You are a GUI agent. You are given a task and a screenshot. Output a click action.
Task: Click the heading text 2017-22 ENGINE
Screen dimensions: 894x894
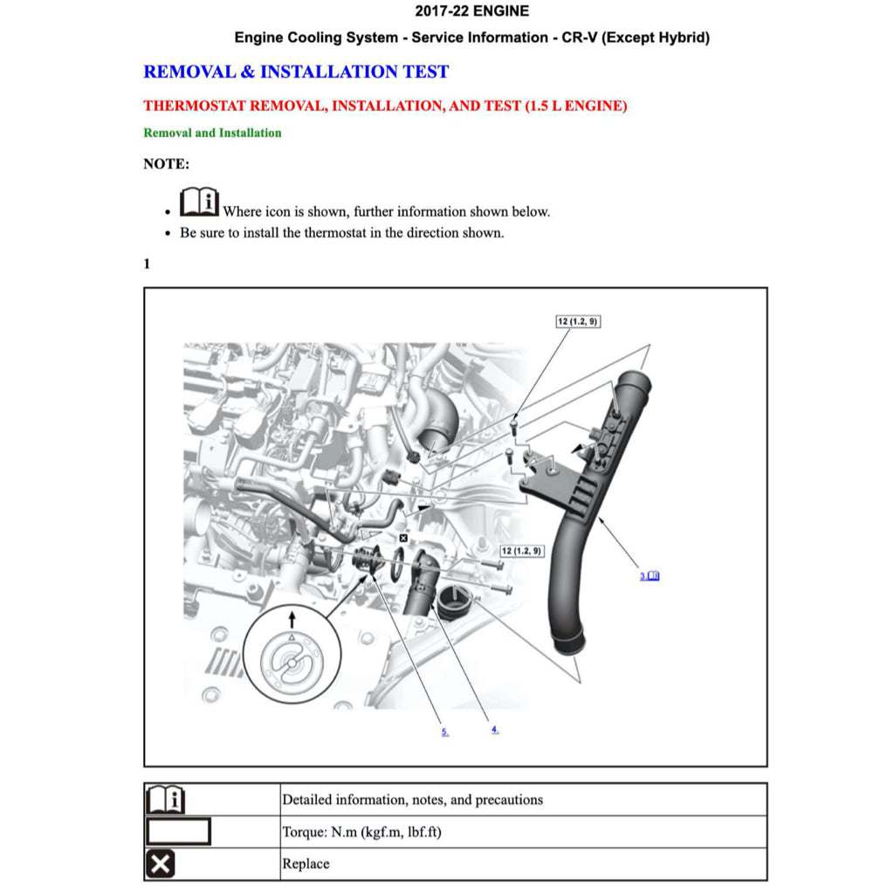471,11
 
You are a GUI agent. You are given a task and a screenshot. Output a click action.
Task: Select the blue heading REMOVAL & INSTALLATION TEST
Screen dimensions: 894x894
296,72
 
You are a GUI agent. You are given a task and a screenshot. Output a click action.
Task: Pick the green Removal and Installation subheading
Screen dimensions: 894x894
212,133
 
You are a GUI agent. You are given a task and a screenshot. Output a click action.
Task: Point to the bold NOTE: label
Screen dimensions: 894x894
166,163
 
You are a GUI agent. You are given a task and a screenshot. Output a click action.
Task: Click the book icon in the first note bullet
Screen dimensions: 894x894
199,203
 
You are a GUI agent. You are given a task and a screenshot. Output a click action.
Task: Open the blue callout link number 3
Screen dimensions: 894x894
649,575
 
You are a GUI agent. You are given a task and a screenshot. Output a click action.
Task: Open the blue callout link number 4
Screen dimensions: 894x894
495,729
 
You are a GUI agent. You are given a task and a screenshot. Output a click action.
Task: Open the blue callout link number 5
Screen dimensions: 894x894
444,732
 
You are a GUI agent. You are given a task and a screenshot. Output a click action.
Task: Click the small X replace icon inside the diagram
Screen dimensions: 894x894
402,539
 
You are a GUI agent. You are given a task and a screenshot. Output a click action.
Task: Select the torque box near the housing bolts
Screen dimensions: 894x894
521,551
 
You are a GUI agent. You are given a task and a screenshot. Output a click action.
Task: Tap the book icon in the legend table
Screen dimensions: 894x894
165,799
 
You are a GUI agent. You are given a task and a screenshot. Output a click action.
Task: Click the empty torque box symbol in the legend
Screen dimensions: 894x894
178,831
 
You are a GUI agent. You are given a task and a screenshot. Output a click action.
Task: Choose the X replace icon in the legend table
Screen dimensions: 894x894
160,864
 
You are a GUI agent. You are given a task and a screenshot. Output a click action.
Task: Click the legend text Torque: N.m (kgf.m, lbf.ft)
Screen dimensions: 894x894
361,832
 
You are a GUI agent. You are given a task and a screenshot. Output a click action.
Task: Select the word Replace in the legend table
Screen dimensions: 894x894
306,864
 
